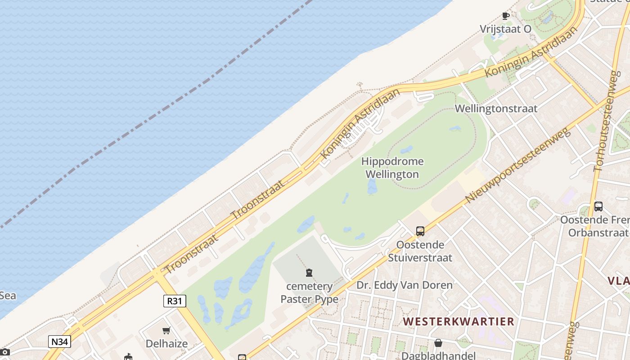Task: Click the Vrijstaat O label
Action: tap(505, 29)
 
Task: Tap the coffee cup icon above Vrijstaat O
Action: tap(506, 16)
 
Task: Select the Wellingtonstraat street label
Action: tap(496, 108)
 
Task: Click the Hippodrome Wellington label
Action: tap(392, 168)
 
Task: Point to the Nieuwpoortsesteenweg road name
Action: tap(517, 165)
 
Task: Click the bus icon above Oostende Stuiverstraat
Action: tap(420, 231)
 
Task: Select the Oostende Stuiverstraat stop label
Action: tap(420, 252)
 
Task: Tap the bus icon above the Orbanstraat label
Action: tap(598, 207)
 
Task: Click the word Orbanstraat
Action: tap(598, 233)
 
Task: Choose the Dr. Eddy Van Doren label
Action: tap(405, 285)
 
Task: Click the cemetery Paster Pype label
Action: tap(309, 292)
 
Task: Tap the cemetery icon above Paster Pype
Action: tap(309, 273)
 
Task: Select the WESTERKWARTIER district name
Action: tap(458, 321)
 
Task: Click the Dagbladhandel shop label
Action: tap(438, 355)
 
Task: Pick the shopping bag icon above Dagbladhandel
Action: tap(438, 343)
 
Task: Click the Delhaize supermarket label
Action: tap(166, 344)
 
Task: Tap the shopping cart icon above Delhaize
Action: tap(166, 331)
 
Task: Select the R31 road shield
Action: tap(175, 301)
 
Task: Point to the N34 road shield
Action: tap(59, 342)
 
